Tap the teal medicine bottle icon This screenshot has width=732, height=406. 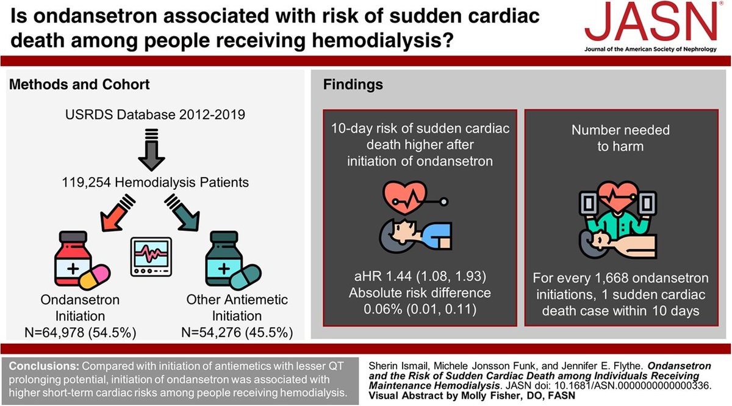tap(224, 259)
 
